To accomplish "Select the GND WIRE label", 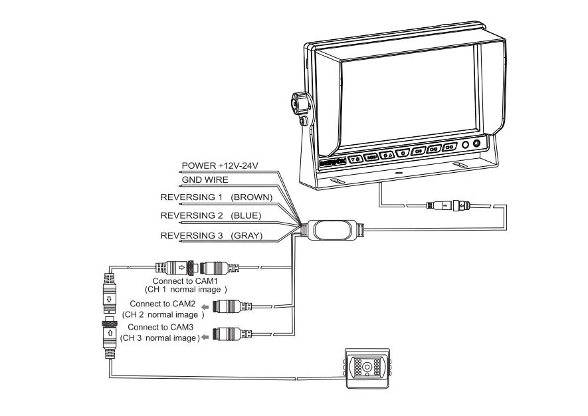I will tap(205, 180).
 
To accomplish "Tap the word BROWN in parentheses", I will tap(251, 197).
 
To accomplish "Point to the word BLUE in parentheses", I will tap(246, 216).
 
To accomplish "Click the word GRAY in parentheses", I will tap(246, 236).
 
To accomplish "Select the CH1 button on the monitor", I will tap(419, 151).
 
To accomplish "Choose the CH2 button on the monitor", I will tap(435, 149).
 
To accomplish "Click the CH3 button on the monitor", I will tap(449, 147).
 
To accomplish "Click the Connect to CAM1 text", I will tap(187, 281).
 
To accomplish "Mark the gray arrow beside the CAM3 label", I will tap(205, 337).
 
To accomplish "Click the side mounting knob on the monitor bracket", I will tap(299, 106).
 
